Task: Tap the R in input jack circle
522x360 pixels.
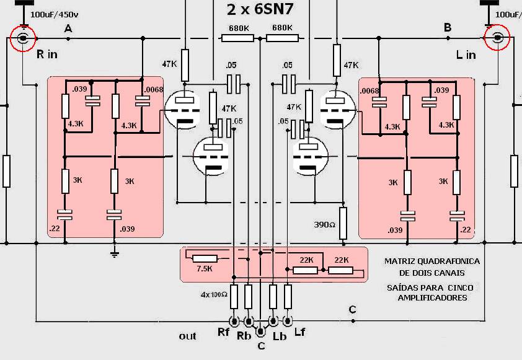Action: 24,39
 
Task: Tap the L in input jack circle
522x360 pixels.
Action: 497,38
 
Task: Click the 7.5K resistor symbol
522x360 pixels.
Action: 205,258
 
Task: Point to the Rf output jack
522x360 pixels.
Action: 234,322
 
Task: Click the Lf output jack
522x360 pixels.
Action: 288,322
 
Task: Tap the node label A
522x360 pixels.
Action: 68,29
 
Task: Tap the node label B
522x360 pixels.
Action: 447,27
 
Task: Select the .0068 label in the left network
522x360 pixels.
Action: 153,90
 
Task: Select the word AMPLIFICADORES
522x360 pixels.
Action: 433,298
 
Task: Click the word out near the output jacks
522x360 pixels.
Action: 187,336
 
